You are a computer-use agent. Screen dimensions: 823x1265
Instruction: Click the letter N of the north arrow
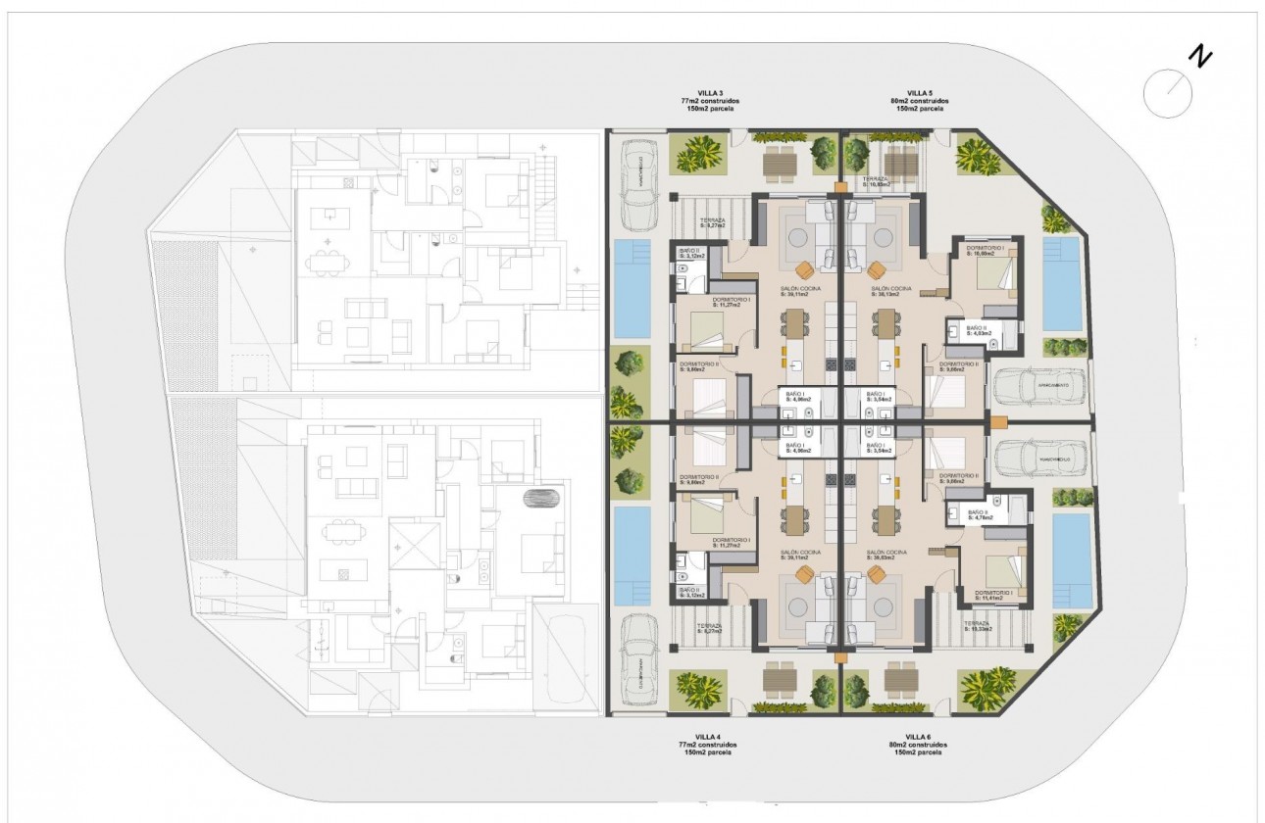click(x=1199, y=57)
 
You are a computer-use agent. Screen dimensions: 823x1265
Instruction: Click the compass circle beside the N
click(x=1167, y=93)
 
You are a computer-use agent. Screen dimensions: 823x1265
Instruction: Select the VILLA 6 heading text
click(x=918, y=737)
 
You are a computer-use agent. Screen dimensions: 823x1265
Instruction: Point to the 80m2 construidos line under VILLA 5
click(x=920, y=101)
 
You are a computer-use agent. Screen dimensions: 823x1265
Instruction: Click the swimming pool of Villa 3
click(x=632, y=290)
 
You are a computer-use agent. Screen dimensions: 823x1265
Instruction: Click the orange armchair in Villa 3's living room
click(x=804, y=269)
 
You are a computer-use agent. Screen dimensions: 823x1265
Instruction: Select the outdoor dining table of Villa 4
click(x=782, y=676)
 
